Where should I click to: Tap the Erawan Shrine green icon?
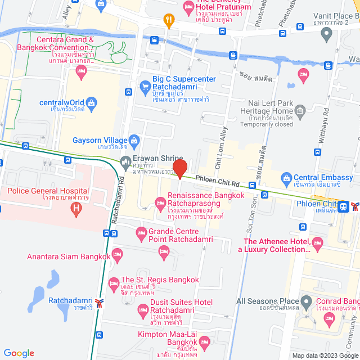pyautogui.click(x=125, y=164)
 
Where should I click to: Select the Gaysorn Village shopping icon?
pyautogui.click(x=134, y=140)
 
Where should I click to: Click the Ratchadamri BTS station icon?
pyautogui.click(x=100, y=304)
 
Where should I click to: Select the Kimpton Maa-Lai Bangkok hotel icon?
pyautogui.click(x=205, y=341)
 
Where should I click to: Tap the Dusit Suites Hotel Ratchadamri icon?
pyautogui.click(x=143, y=309)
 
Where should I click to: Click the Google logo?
pyautogui.click(x=19, y=353)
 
